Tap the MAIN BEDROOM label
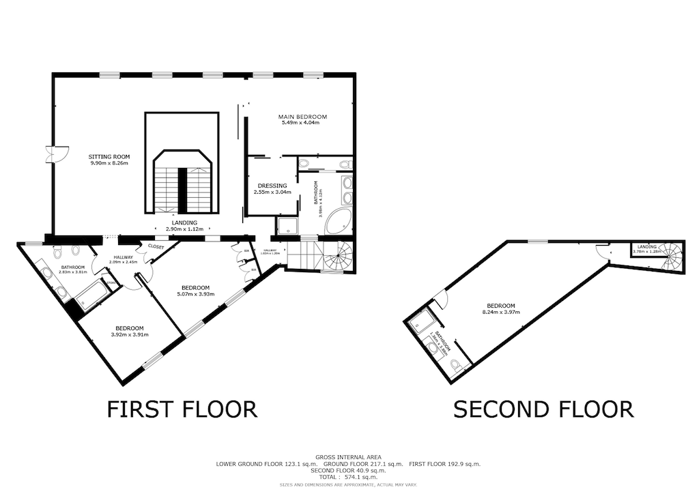(x=302, y=116)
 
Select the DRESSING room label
(x=272, y=186)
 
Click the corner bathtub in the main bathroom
(x=339, y=222)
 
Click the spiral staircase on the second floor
(x=670, y=257)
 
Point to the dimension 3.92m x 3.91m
(x=129, y=334)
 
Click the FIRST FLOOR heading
(x=182, y=409)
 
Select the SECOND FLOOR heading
(x=543, y=409)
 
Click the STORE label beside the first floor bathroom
(x=110, y=282)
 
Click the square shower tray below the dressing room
(x=287, y=225)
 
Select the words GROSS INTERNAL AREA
(x=348, y=456)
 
